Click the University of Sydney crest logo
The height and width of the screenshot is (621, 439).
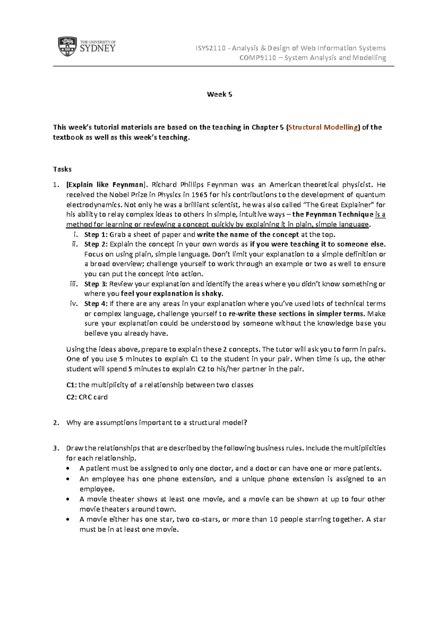[x=67, y=47]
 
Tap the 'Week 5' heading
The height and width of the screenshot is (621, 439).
[x=219, y=94]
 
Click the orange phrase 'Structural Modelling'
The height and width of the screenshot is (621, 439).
[x=323, y=127]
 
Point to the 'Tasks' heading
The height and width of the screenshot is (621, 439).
[x=62, y=169]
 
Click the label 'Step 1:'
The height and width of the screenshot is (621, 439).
[x=95, y=235]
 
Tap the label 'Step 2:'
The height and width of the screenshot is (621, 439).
[x=95, y=244]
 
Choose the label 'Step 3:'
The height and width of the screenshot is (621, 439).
[x=95, y=284]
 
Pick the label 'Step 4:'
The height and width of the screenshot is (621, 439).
[x=95, y=304]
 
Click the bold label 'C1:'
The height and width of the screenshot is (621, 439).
[x=71, y=385]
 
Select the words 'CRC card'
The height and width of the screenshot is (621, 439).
[x=93, y=397]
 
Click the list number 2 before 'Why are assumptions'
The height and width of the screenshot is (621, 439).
[x=55, y=423]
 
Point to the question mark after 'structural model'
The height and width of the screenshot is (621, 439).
[x=245, y=423]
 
